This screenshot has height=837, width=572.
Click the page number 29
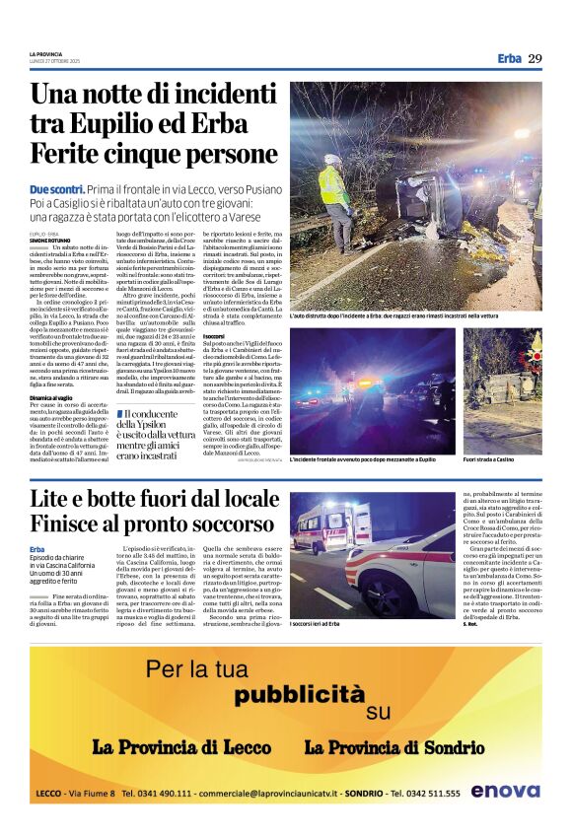[x=535, y=58]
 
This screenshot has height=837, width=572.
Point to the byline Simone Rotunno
[x=50, y=240]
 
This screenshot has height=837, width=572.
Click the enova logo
[x=505, y=791]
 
